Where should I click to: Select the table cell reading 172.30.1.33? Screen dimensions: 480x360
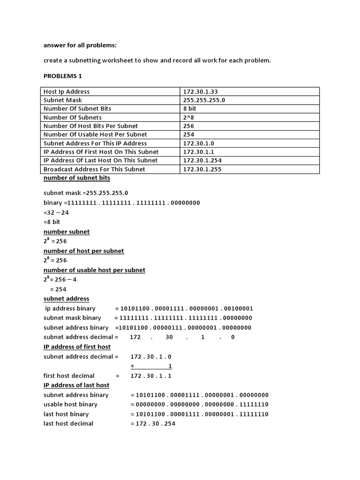[x=200, y=91]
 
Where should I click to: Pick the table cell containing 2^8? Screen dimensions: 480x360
[x=189, y=117]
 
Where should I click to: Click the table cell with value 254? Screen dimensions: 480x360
[x=188, y=135]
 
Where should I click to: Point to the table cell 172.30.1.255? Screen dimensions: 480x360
[x=202, y=169]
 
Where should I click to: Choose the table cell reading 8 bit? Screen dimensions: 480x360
[x=190, y=108]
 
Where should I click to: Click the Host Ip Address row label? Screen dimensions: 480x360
[x=67, y=91]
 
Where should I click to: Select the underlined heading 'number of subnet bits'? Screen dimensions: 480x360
[x=77, y=178]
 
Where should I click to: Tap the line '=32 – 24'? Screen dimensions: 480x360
[x=56, y=212]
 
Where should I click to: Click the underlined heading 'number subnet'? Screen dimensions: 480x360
[x=67, y=232]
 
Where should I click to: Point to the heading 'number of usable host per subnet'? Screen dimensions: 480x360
[x=94, y=270]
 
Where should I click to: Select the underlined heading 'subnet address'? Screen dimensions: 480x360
[x=66, y=299]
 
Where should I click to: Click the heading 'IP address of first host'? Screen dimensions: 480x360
[x=77, y=347]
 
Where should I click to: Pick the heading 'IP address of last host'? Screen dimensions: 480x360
[x=76, y=385]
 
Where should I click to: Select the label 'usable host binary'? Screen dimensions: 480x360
[x=70, y=405]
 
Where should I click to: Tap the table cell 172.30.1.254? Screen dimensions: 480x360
[x=202, y=160]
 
